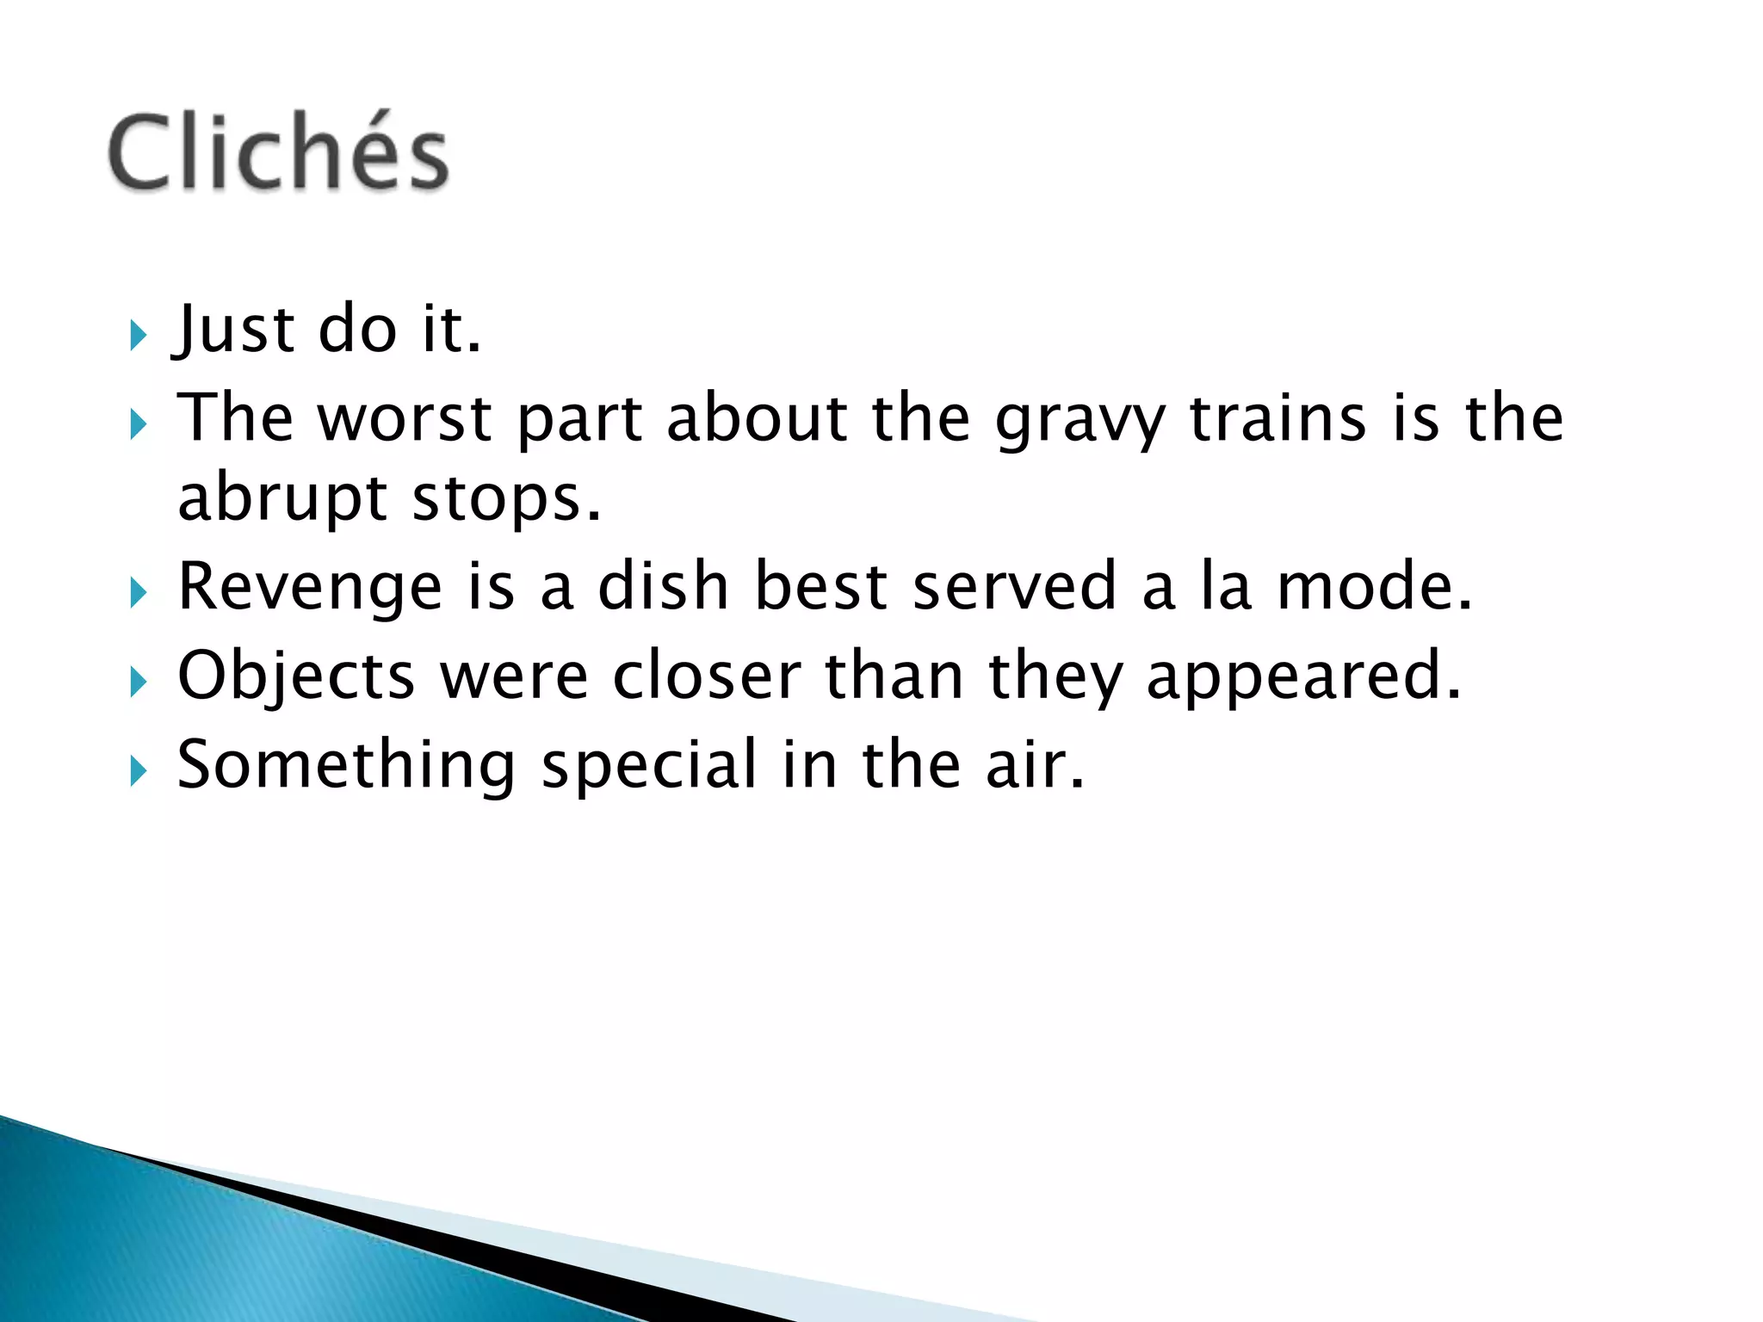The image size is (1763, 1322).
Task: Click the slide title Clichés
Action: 278,152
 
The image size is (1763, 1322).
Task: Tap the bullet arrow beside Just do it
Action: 139,335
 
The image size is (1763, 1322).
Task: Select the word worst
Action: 405,418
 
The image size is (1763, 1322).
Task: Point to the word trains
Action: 1277,418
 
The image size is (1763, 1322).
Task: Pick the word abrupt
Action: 282,500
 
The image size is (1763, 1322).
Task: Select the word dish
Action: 663,586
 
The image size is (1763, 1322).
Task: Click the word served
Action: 1014,586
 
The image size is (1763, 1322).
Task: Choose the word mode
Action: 1372,586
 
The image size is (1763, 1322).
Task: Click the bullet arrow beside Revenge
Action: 139,593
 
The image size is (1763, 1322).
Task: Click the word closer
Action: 706,676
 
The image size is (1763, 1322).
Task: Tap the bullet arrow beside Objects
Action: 139,683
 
